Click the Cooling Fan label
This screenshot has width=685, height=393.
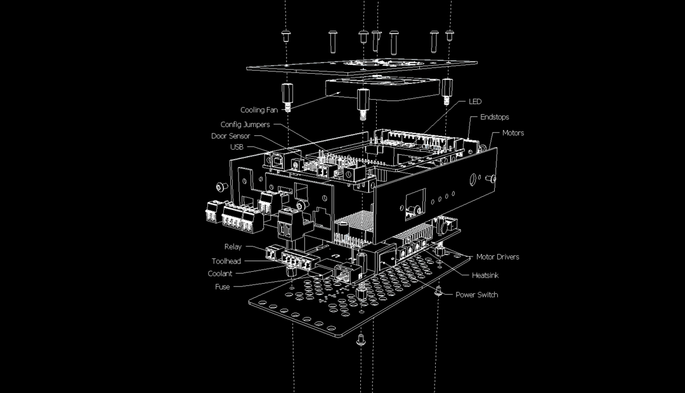pyautogui.click(x=259, y=110)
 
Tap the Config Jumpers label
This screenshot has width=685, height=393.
pyautogui.click(x=245, y=124)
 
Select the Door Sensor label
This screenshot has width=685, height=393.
pyautogui.click(x=230, y=136)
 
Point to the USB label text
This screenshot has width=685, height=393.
pyautogui.click(x=237, y=147)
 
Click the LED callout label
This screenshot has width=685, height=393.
pyautogui.click(x=475, y=102)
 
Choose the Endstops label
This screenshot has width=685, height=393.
pyautogui.click(x=495, y=117)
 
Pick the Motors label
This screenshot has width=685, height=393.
pyautogui.click(x=513, y=133)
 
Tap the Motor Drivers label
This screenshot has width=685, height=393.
pyautogui.click(x=498, y=256)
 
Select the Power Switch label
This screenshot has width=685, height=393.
pyautogui.click(x=477, y=295)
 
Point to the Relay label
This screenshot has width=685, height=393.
pyautogui.click(x=233, y=246)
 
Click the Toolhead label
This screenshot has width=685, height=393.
pyautogui.click(x=226, y=261)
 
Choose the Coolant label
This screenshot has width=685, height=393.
pyautogui.click(x=220, y=274)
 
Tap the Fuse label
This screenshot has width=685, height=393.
pyautogui.click(x=223, y=286)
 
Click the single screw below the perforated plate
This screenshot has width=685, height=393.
pyautogui.click(x=361, y=340)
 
